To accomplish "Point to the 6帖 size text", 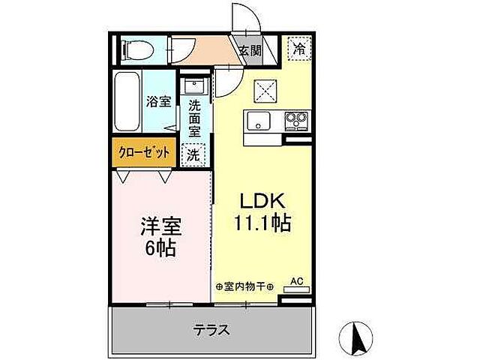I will coord(161,247).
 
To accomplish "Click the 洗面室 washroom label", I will coord(194,118).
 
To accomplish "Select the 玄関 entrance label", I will coord(250,51).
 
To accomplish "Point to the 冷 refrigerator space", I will coord(299,49).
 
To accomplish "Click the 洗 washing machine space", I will coord(193,155).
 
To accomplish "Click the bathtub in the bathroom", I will coord(128,101).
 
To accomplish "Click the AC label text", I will coord(296,281).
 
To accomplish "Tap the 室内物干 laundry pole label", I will coord(244,286).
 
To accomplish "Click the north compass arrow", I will coord(357,335).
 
